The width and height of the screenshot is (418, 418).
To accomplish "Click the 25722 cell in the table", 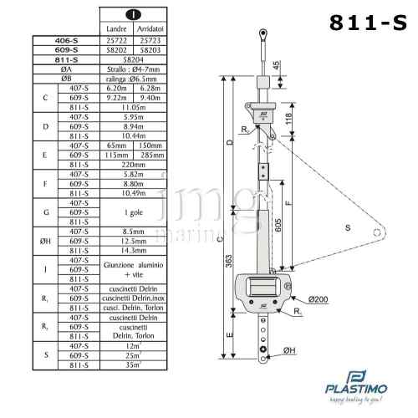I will pyautogui.click(x=118, y=40).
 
